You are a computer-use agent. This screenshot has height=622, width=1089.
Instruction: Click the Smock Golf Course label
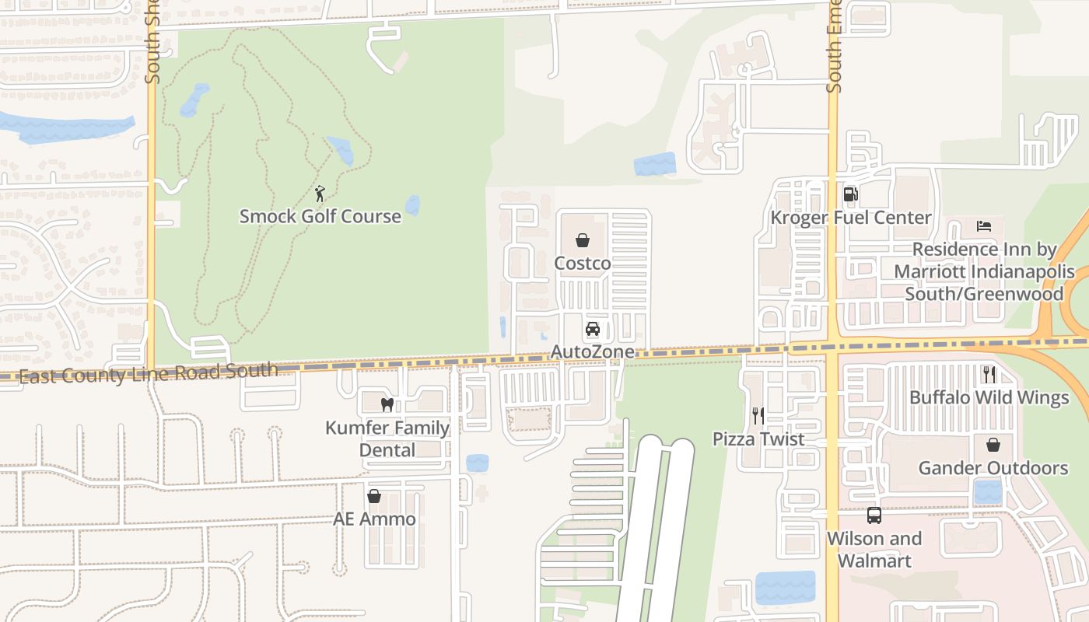(x=320, y=216)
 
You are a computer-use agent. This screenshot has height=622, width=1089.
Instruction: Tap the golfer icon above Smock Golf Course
(x=320, y=194)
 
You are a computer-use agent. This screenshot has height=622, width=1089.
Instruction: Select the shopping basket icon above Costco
(x=583, y=241)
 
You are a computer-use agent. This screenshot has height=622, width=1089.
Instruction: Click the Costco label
(x=583, y=264)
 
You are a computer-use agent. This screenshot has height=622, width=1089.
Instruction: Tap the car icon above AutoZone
(x=593, y=329)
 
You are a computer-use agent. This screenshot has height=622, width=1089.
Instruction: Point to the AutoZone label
(x=593, y=352)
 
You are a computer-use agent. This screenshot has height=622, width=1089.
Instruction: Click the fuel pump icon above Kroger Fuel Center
(x=851, y=194)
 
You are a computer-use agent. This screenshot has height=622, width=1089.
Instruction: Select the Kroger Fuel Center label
(x=851, y=218)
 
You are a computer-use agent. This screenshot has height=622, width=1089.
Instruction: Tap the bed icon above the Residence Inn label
(x=984, y=226)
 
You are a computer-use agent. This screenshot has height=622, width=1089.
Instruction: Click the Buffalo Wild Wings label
(x=989, y=397)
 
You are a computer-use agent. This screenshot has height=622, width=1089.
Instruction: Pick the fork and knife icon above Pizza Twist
(x=758, y=416)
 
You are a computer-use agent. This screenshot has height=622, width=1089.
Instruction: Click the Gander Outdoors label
(x=993, y=468)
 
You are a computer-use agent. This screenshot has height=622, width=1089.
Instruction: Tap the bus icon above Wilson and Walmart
(x=874, y=515)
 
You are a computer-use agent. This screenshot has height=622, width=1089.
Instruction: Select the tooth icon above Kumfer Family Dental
(x=387, y=405)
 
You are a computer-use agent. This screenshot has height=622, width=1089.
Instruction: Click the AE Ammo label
(x=374, y=519)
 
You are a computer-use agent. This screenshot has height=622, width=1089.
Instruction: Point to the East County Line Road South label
(x=148, y=373)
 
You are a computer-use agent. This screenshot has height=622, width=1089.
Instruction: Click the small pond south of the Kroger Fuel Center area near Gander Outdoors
(x=988, y=492)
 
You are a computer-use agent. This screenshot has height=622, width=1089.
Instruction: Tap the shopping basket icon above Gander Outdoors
(x=993, y=445)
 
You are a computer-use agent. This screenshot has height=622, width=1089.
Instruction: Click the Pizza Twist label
(x=758, y=439)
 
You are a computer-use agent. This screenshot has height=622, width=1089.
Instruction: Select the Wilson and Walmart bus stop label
(x=874, y=549)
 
